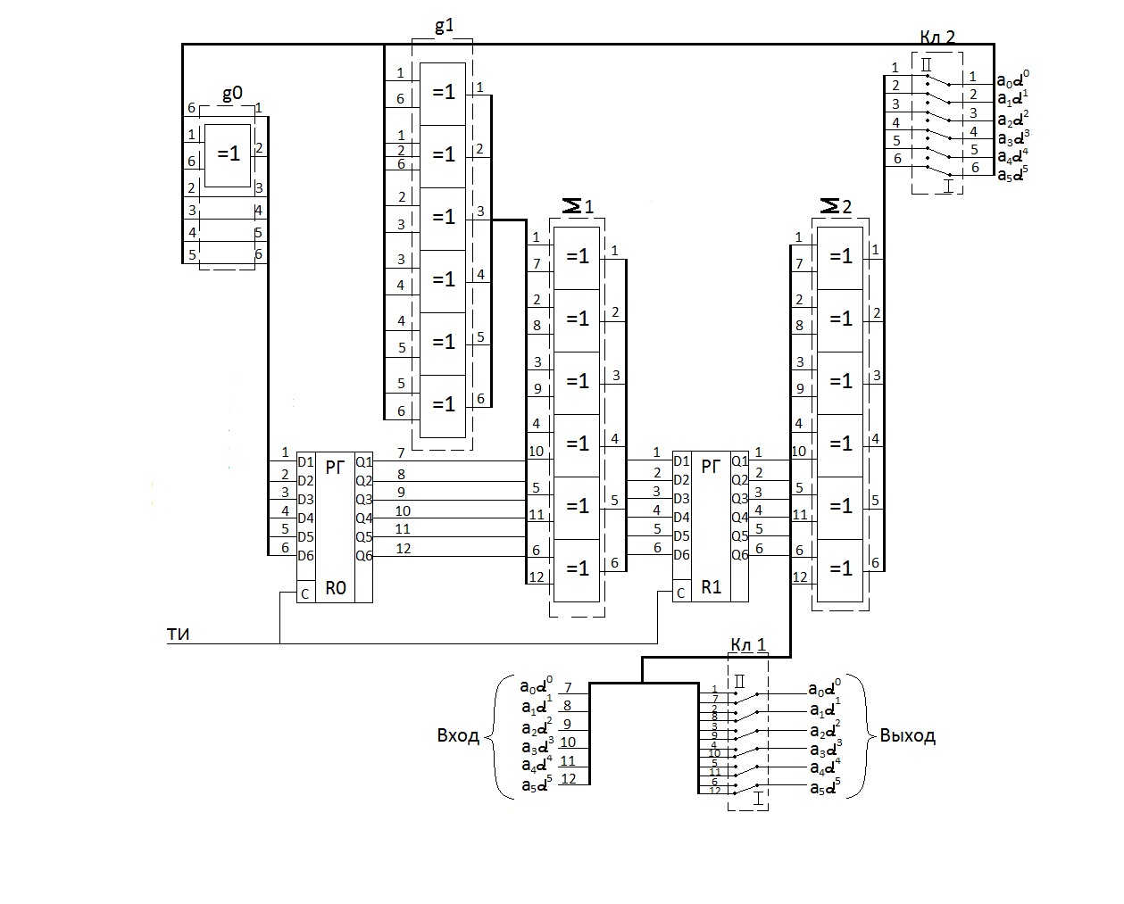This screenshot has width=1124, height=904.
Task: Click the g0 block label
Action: [231, 95]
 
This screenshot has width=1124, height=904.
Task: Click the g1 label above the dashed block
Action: [443, 26]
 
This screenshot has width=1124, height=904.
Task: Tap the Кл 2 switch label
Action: [937, 37]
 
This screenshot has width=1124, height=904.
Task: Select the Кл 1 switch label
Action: [747, 645]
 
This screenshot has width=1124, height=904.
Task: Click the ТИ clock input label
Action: [178, 634]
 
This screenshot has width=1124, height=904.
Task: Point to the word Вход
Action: [458, 736]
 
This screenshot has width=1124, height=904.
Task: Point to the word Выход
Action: [907, 736]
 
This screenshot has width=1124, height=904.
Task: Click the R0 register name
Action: [336, 588]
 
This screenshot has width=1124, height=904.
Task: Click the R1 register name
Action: [711, 587]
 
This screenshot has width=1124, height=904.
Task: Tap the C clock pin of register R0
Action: [305, 593]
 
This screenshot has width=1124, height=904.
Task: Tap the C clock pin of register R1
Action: [681, 593]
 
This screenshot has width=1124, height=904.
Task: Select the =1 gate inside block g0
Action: [229, 154]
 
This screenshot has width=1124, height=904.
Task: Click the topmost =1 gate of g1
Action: [444, 93]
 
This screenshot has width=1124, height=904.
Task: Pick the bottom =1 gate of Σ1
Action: [578, 568]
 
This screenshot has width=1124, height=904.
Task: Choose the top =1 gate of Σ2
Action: [841, 257]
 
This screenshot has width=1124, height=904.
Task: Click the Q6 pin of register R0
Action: [364, 555]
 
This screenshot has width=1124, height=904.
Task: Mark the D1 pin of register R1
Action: [681, 461]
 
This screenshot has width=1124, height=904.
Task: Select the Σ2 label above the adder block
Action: [836, 206]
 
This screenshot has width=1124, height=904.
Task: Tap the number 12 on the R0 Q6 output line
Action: [404, 548]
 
